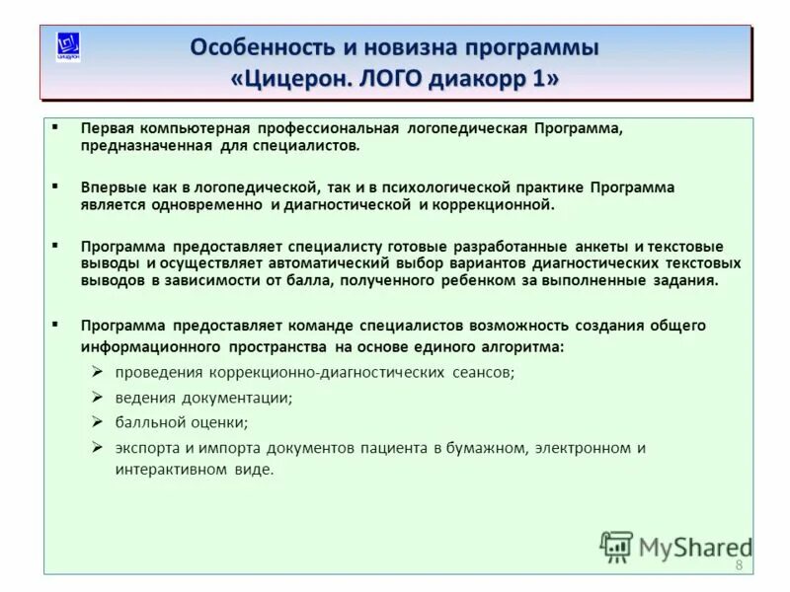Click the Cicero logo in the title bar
[x=68, y=46]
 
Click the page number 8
[x=738, y=564]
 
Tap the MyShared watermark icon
[x=616, y=547]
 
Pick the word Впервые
[x=111, y=187]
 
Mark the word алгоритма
[x=522, y=346]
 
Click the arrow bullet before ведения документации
[x=98, y=397]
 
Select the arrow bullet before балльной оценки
[x=98, y=421]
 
